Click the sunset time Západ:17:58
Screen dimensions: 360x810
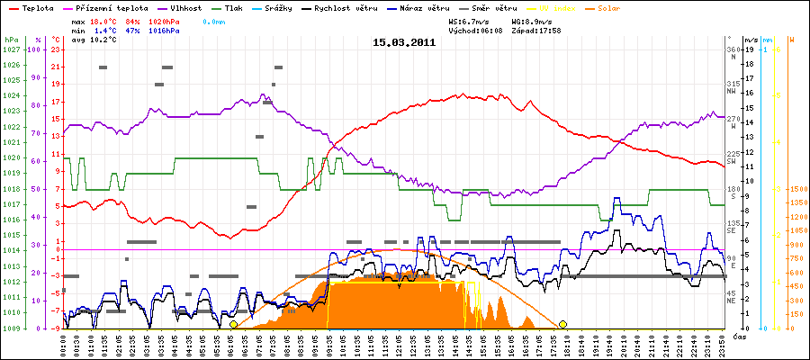coord(536,30)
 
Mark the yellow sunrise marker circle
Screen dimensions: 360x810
coord(233,324)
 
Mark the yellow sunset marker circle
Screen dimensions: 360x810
coord(563,324)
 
